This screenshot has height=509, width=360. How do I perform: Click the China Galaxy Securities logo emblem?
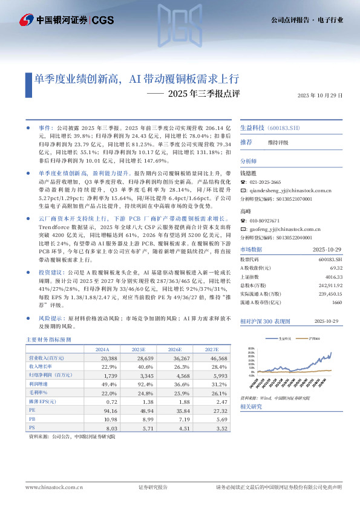pos(26,20)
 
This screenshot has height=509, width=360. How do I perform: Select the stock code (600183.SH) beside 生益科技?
pos(284,128)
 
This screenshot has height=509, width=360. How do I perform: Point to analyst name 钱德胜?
pos(249,172)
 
